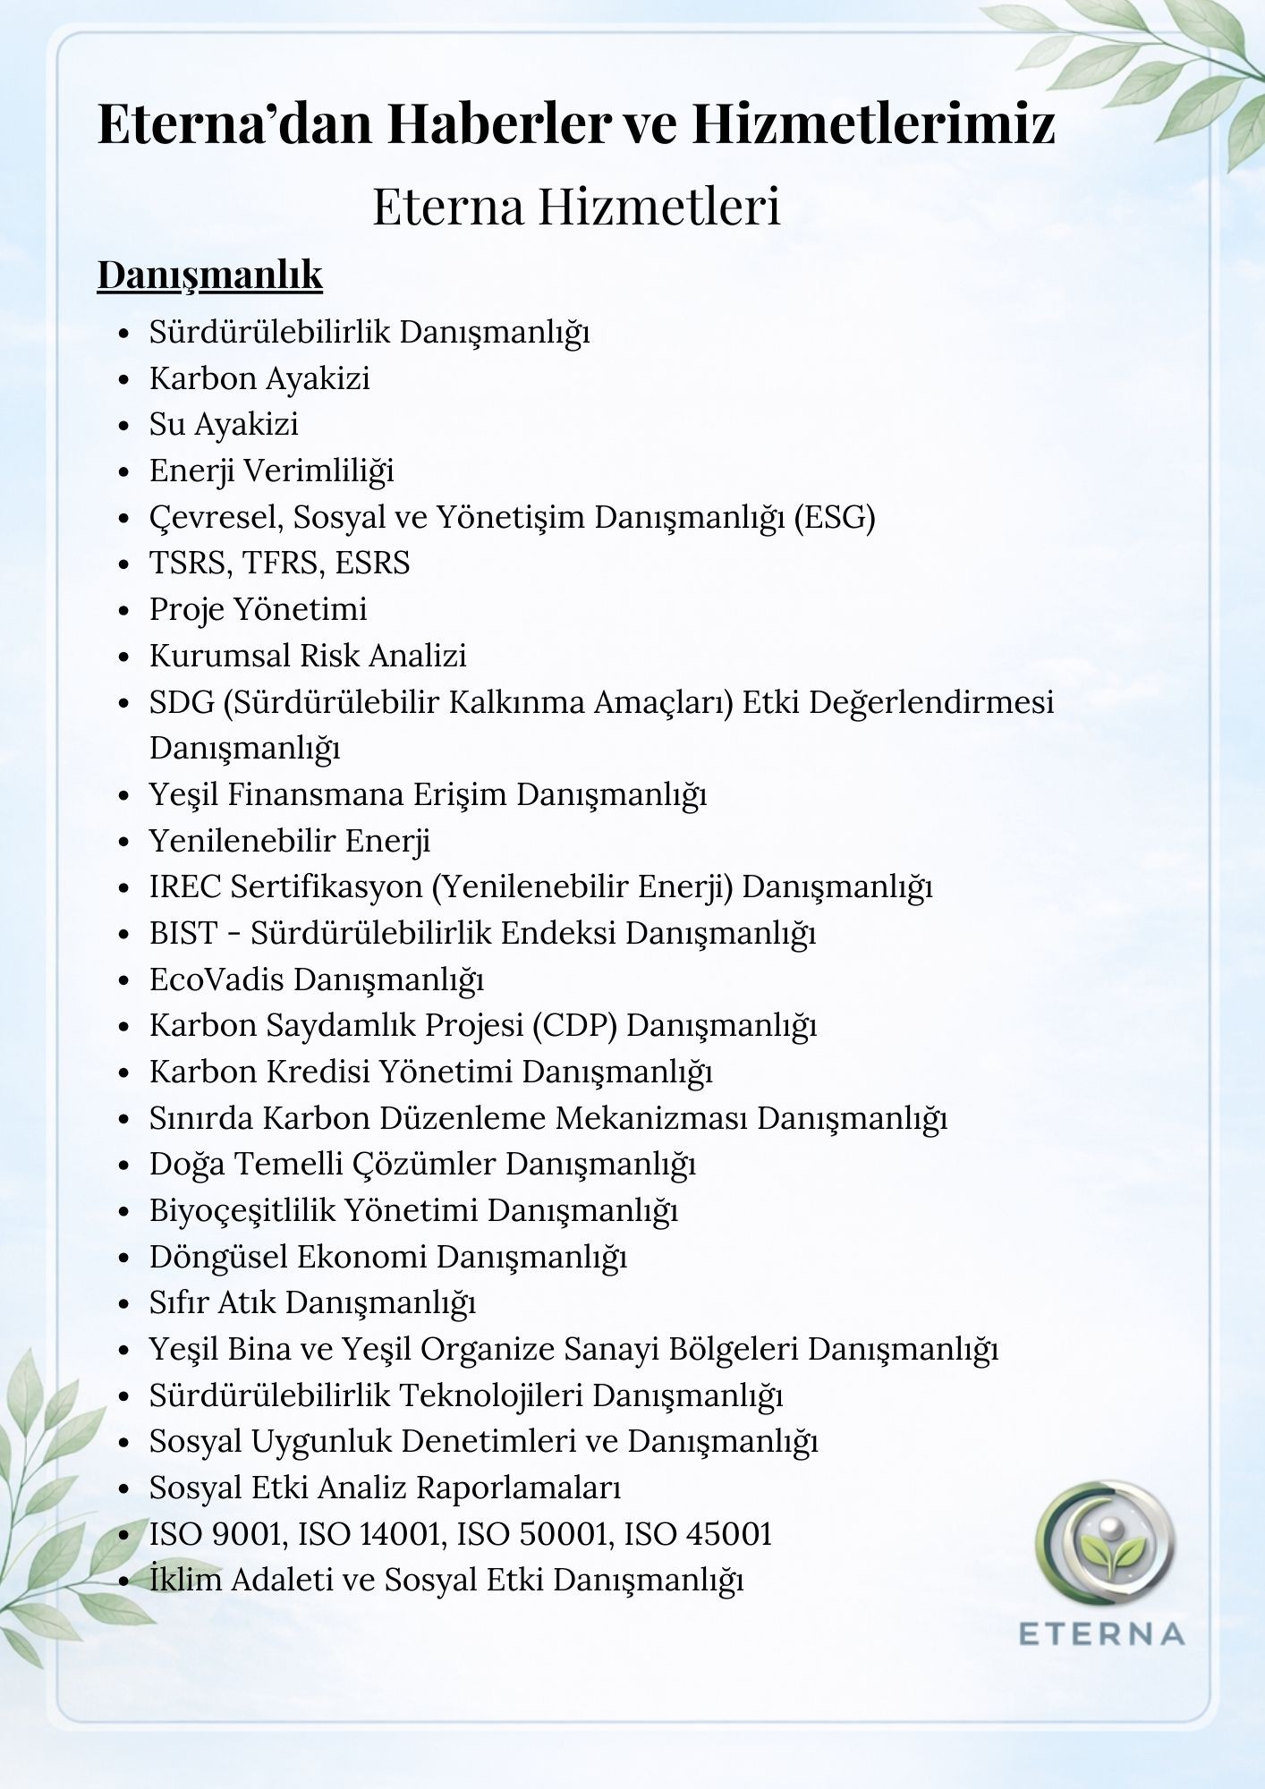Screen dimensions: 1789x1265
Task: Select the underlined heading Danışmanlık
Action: (x=209, y=275)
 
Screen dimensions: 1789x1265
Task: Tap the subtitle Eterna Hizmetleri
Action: (x=576, y=207)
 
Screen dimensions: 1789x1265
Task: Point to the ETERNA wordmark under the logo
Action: (x=1101, y=1634)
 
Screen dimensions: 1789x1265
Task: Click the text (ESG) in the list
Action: (x=835, y=517)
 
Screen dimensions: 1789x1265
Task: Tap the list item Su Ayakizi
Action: (x=224, y=424)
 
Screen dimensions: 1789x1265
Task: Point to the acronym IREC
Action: (x=184, y=886)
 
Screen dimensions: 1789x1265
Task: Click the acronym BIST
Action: (x=183, y=933)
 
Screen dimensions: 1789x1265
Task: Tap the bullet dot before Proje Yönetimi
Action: (x=124, y=611)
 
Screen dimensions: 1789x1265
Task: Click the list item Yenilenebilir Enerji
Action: (x=290, y=841)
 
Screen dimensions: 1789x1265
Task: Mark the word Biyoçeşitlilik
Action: (x=242, y=1210)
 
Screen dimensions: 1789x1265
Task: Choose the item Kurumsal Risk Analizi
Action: (x=308, y=656)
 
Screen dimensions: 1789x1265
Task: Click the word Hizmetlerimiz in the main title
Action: (x=873, y=123)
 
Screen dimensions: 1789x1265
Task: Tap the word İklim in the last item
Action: (x=185, y=1580)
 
